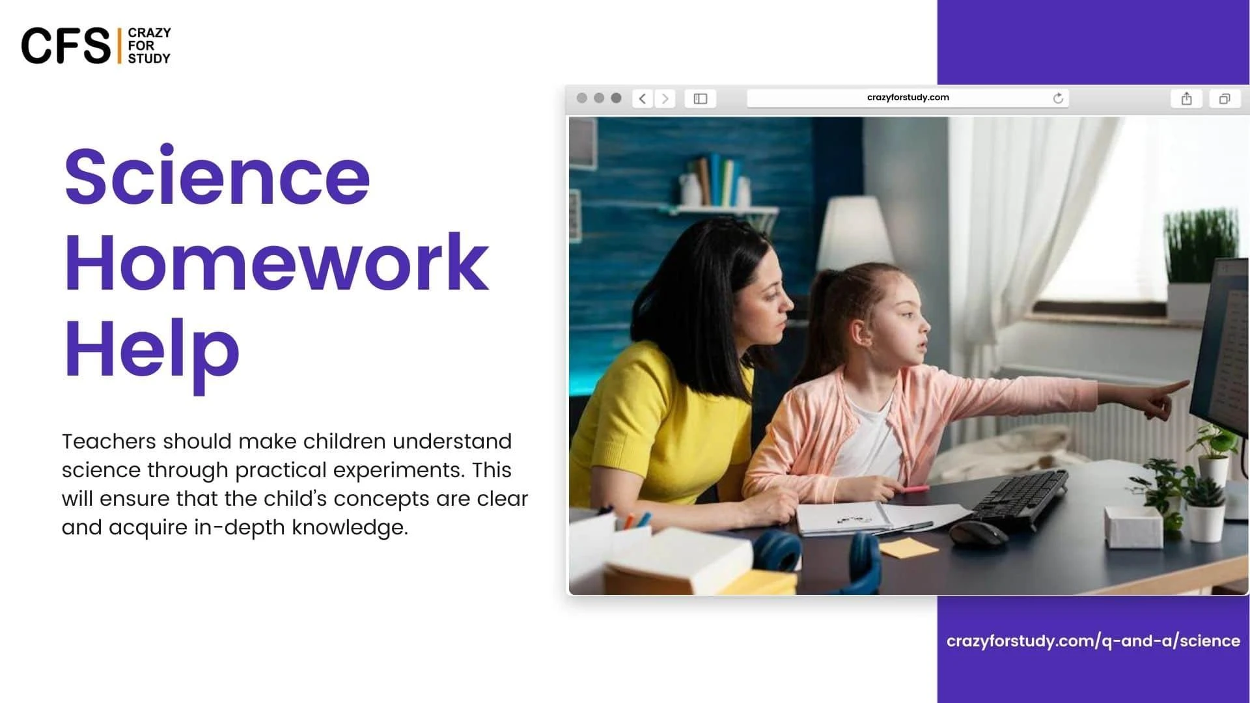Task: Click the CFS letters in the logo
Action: (x=66, y=46)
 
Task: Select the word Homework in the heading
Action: (x=277, y=261)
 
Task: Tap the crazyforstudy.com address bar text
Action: (x=908, y=98)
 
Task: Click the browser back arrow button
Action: (x=643, y=98)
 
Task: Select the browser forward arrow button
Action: (x=665, y=98)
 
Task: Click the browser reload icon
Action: (x=1058, y=98)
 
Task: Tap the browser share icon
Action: (x=1187, y=98)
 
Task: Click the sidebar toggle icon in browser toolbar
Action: (x=701, y=98)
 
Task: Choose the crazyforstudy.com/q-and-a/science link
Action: (x=1093, y=641)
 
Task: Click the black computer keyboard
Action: (x=1019, y=499)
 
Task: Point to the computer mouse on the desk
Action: (x=978, y=533)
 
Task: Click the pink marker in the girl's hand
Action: (x=915, y=488)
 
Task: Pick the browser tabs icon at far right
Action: (x=1225, y=98)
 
